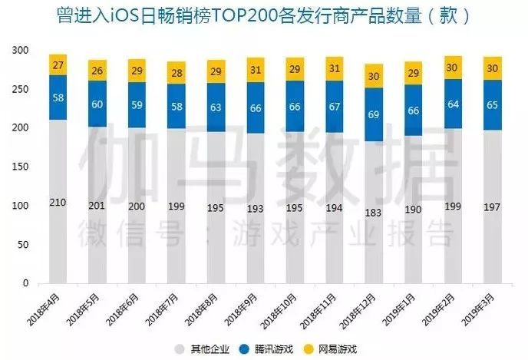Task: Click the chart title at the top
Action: coord(264,15)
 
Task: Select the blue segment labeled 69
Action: coord(375,114)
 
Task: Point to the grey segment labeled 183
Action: coord(375,212)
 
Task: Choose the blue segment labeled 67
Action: coord(335,107)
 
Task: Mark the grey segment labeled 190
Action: coord(414,210)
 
